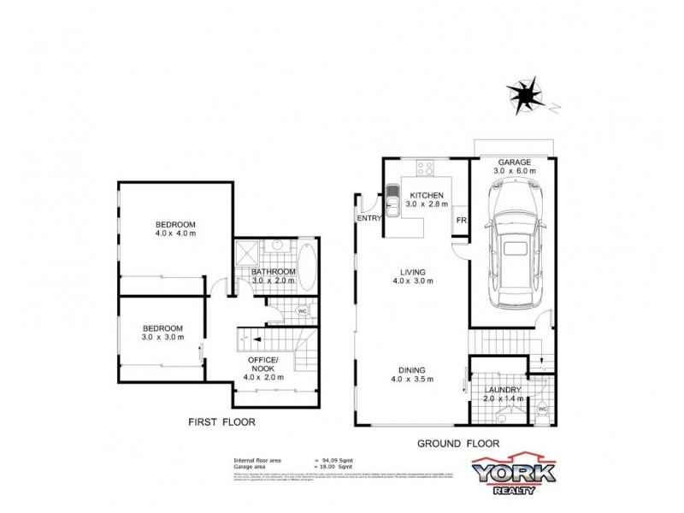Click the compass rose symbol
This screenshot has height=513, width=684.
(524, 91)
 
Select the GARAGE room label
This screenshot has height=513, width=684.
(515, 162)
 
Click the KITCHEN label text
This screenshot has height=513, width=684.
(424, 195)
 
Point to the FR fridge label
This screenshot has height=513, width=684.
(460, 221)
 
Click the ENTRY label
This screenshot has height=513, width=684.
(369, 219)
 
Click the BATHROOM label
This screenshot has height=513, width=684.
(273, 272)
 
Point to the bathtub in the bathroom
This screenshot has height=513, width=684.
(307, 268)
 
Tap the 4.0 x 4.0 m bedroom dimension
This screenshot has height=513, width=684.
(175, 233)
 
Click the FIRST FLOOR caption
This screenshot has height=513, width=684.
(221, 422)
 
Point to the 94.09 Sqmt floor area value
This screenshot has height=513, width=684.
(338, 461)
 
